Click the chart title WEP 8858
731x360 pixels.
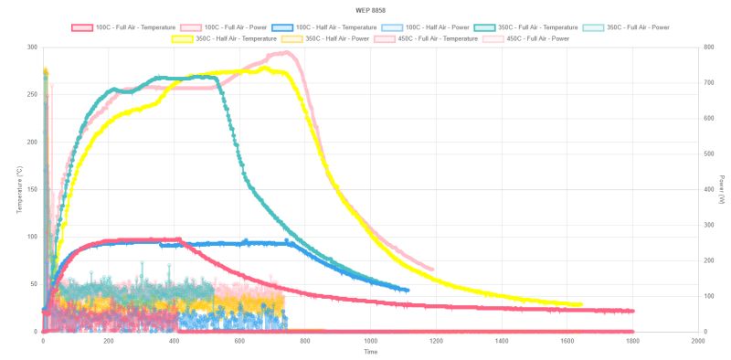pos(365,9)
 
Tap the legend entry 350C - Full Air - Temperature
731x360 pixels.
pos(534,27)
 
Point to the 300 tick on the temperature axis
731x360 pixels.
pos(32,48)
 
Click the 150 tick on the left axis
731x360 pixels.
pos(32,189)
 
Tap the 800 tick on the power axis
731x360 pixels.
pos(706,48)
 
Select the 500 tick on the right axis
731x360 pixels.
pos(706,154)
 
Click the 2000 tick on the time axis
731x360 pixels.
pos(698,341)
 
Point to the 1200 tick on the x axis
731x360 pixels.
pos(436,341)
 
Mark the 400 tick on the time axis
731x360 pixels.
pos(174,341)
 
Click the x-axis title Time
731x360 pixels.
pos(370,352)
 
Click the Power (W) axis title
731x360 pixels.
pos(722,190)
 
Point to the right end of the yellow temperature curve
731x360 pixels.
pos(580,304)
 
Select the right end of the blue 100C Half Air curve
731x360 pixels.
pos(408,291)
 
